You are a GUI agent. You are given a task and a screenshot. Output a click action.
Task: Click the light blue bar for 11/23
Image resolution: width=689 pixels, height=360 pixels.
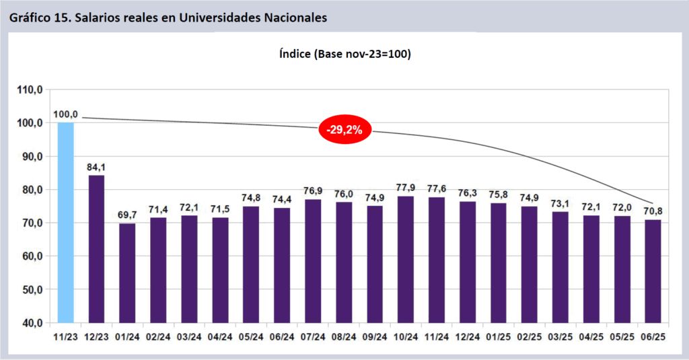[65, 222]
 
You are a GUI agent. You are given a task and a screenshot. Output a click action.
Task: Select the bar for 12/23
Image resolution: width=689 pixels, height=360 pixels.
[96, 249]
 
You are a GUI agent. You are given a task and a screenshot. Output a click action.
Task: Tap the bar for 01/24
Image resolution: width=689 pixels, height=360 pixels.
[127, 273]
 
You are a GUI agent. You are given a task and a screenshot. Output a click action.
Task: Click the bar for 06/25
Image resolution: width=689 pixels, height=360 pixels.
[653, 271]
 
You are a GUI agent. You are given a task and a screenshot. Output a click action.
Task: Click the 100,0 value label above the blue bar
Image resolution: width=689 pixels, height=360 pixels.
[65, 114]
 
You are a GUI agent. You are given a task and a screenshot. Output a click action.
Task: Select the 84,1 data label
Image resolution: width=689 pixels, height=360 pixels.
[96, 167]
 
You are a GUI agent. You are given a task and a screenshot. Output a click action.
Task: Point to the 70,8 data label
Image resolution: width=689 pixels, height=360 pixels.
[653, 211]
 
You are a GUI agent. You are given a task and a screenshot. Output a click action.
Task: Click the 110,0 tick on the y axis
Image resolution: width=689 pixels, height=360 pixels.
[31, 89]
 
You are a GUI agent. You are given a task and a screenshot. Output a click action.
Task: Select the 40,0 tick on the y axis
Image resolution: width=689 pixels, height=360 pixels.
[31, 323]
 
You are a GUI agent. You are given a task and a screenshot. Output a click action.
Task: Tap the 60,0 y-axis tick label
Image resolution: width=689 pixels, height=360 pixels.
[31, 256]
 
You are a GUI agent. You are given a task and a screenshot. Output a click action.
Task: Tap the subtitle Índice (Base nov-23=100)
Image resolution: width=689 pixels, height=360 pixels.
[344, 54]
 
